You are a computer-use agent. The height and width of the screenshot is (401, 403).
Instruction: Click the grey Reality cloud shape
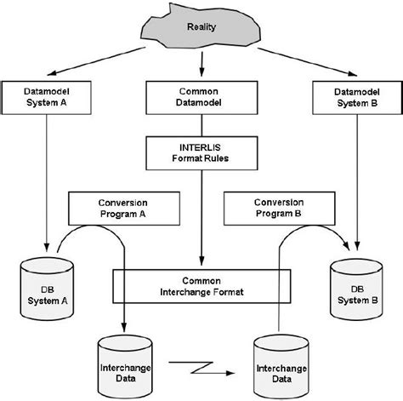[x=201, y=31]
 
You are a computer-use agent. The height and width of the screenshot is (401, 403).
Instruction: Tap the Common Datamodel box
[x=201, y=95]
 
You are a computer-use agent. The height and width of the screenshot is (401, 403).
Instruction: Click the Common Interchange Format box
[x=201, y=284]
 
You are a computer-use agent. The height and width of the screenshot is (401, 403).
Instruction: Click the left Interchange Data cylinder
[x=125, y=361]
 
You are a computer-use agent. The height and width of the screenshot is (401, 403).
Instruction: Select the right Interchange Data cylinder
[x=279, y=361]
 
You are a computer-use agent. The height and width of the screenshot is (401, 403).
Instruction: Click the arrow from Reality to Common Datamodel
[x=201, y=65]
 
